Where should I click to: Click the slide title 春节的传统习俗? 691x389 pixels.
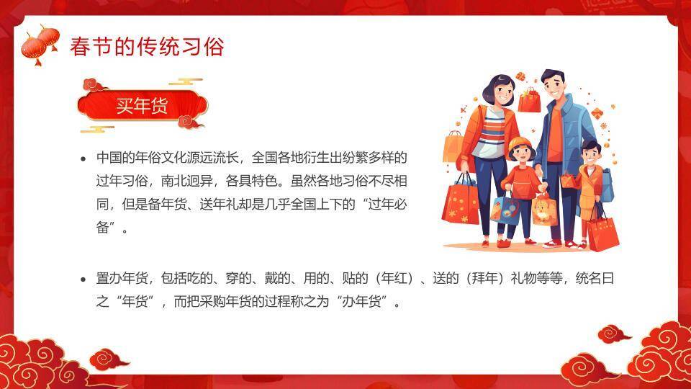(x=147, y=47)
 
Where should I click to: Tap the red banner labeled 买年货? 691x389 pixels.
(x=142, y=107)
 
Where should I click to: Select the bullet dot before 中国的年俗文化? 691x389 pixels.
(x=83, y=158)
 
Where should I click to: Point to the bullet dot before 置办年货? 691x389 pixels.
(x=83, y=279)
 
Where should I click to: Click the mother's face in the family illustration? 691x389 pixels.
(x=499, y=91)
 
